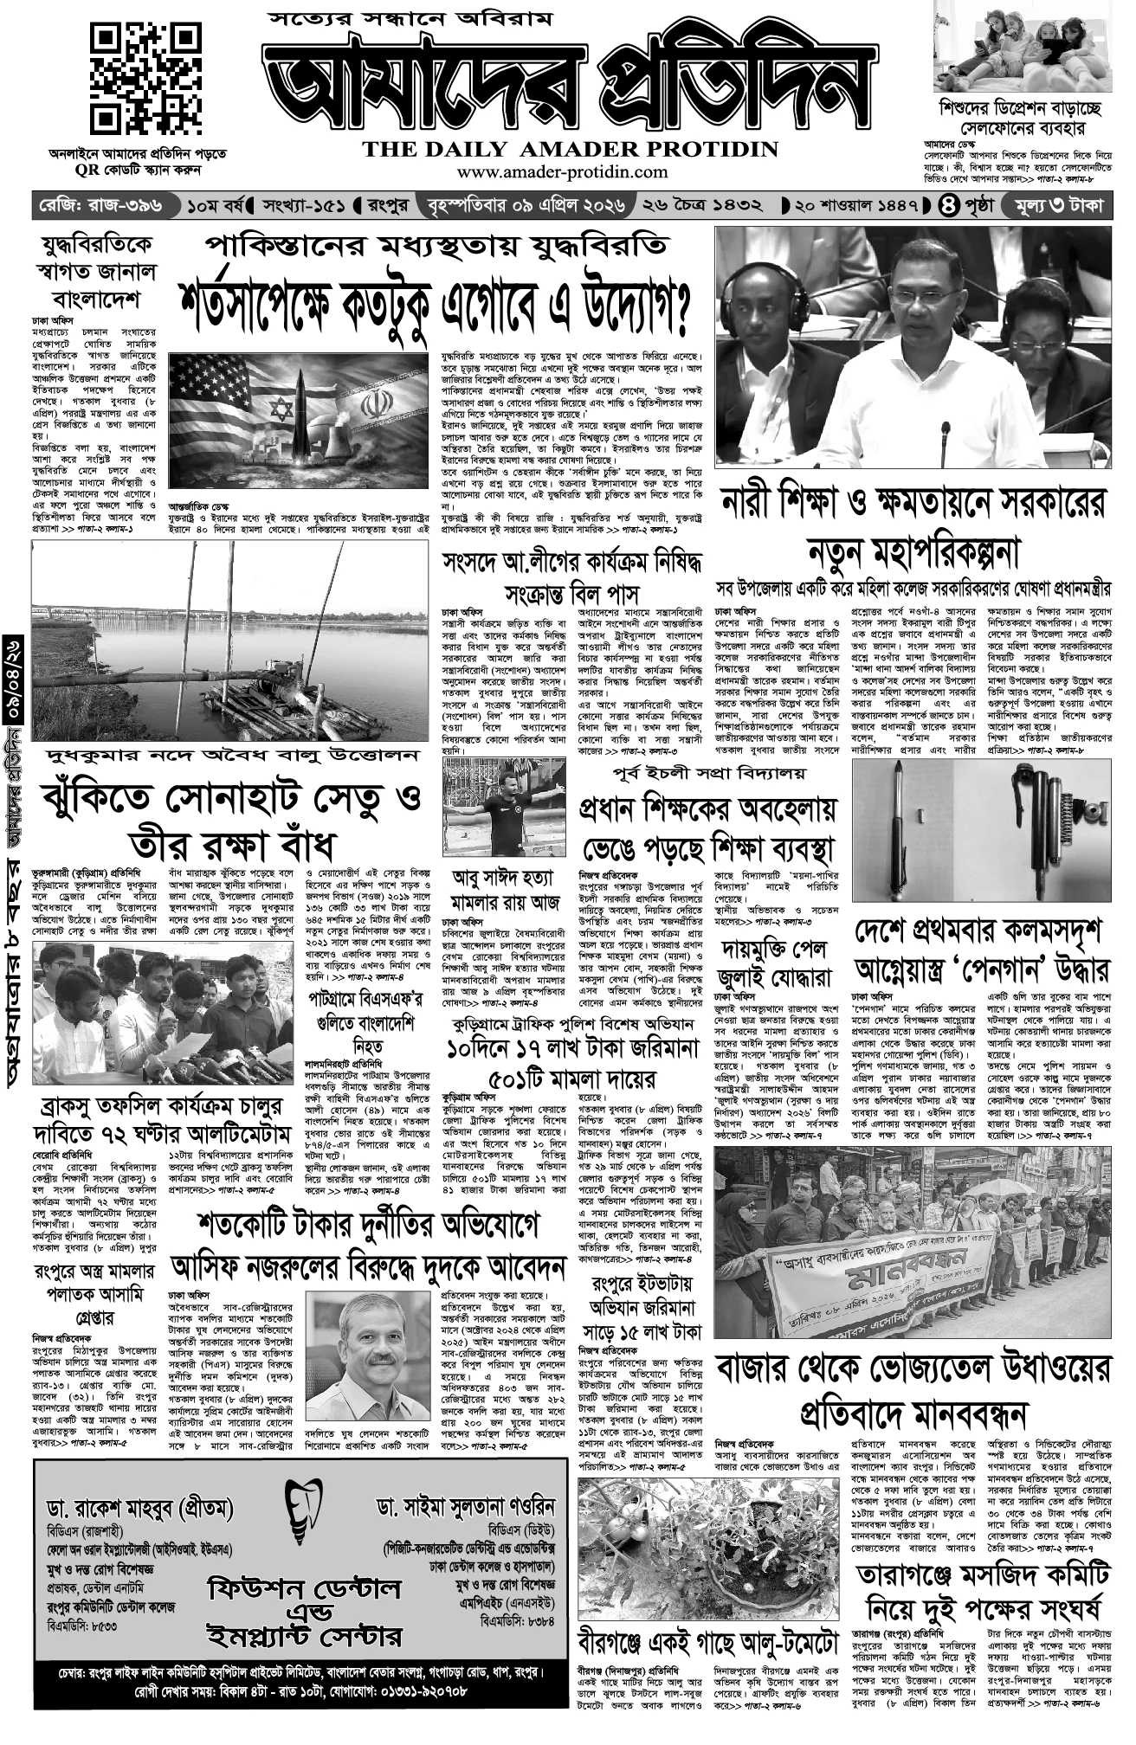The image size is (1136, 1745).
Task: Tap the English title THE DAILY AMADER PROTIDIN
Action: coord(570,150)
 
